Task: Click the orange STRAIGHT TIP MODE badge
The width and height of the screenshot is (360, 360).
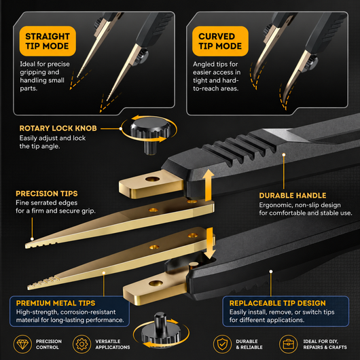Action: (x=48, y=41)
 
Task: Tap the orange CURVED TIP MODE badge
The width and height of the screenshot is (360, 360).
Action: (x=220, y=41)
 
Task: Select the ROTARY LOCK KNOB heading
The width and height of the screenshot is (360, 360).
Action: (x=58, y=128)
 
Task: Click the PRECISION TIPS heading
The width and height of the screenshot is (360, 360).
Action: (x=47, y=194)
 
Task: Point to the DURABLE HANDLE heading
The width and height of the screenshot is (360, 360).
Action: (x=293, y=196)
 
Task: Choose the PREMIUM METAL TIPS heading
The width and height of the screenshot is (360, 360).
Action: (x=56, y=303)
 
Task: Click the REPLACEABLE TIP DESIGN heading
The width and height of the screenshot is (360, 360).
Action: (x=277, y=303)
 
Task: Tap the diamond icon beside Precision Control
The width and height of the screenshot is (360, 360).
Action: (x=22, y=344)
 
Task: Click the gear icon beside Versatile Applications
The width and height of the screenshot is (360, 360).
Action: (x=82, y=344)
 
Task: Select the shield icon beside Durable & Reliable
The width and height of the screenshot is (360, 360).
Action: (x=222, y=344)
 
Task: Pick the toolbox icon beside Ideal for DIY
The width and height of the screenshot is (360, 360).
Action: (x=289, y=344)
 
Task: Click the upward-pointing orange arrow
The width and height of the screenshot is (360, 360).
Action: (x=209, y=185)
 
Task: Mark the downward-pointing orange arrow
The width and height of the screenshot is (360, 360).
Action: (x=210, y=243)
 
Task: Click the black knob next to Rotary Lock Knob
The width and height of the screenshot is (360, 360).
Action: (x=149, y=135)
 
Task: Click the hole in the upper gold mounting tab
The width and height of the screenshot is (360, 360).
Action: (x=152, y=179)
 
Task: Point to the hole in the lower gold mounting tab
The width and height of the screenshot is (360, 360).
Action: (x=156, y=283)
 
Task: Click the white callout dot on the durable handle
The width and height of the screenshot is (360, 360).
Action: (x=284, y=155)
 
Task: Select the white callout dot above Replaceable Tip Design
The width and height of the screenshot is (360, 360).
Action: (x=271, y=272)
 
